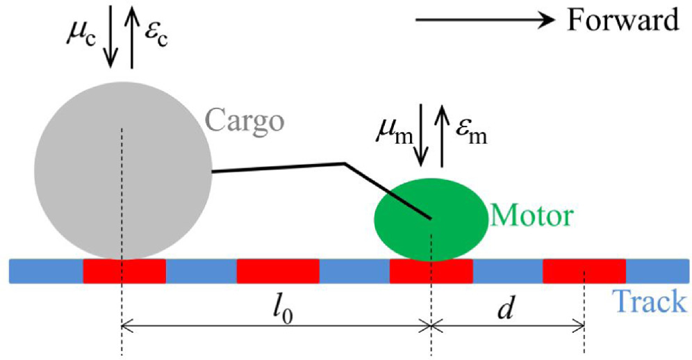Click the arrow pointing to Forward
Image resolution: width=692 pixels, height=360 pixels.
point(486,21)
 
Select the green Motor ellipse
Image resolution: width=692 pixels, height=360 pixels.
point(431,215)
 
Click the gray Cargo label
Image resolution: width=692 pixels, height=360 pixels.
point(245,122)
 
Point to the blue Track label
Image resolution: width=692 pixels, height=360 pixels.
point(648,303)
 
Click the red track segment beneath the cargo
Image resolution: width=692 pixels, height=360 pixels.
point(124,271)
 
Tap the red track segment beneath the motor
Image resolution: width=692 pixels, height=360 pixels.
point(431,271)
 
